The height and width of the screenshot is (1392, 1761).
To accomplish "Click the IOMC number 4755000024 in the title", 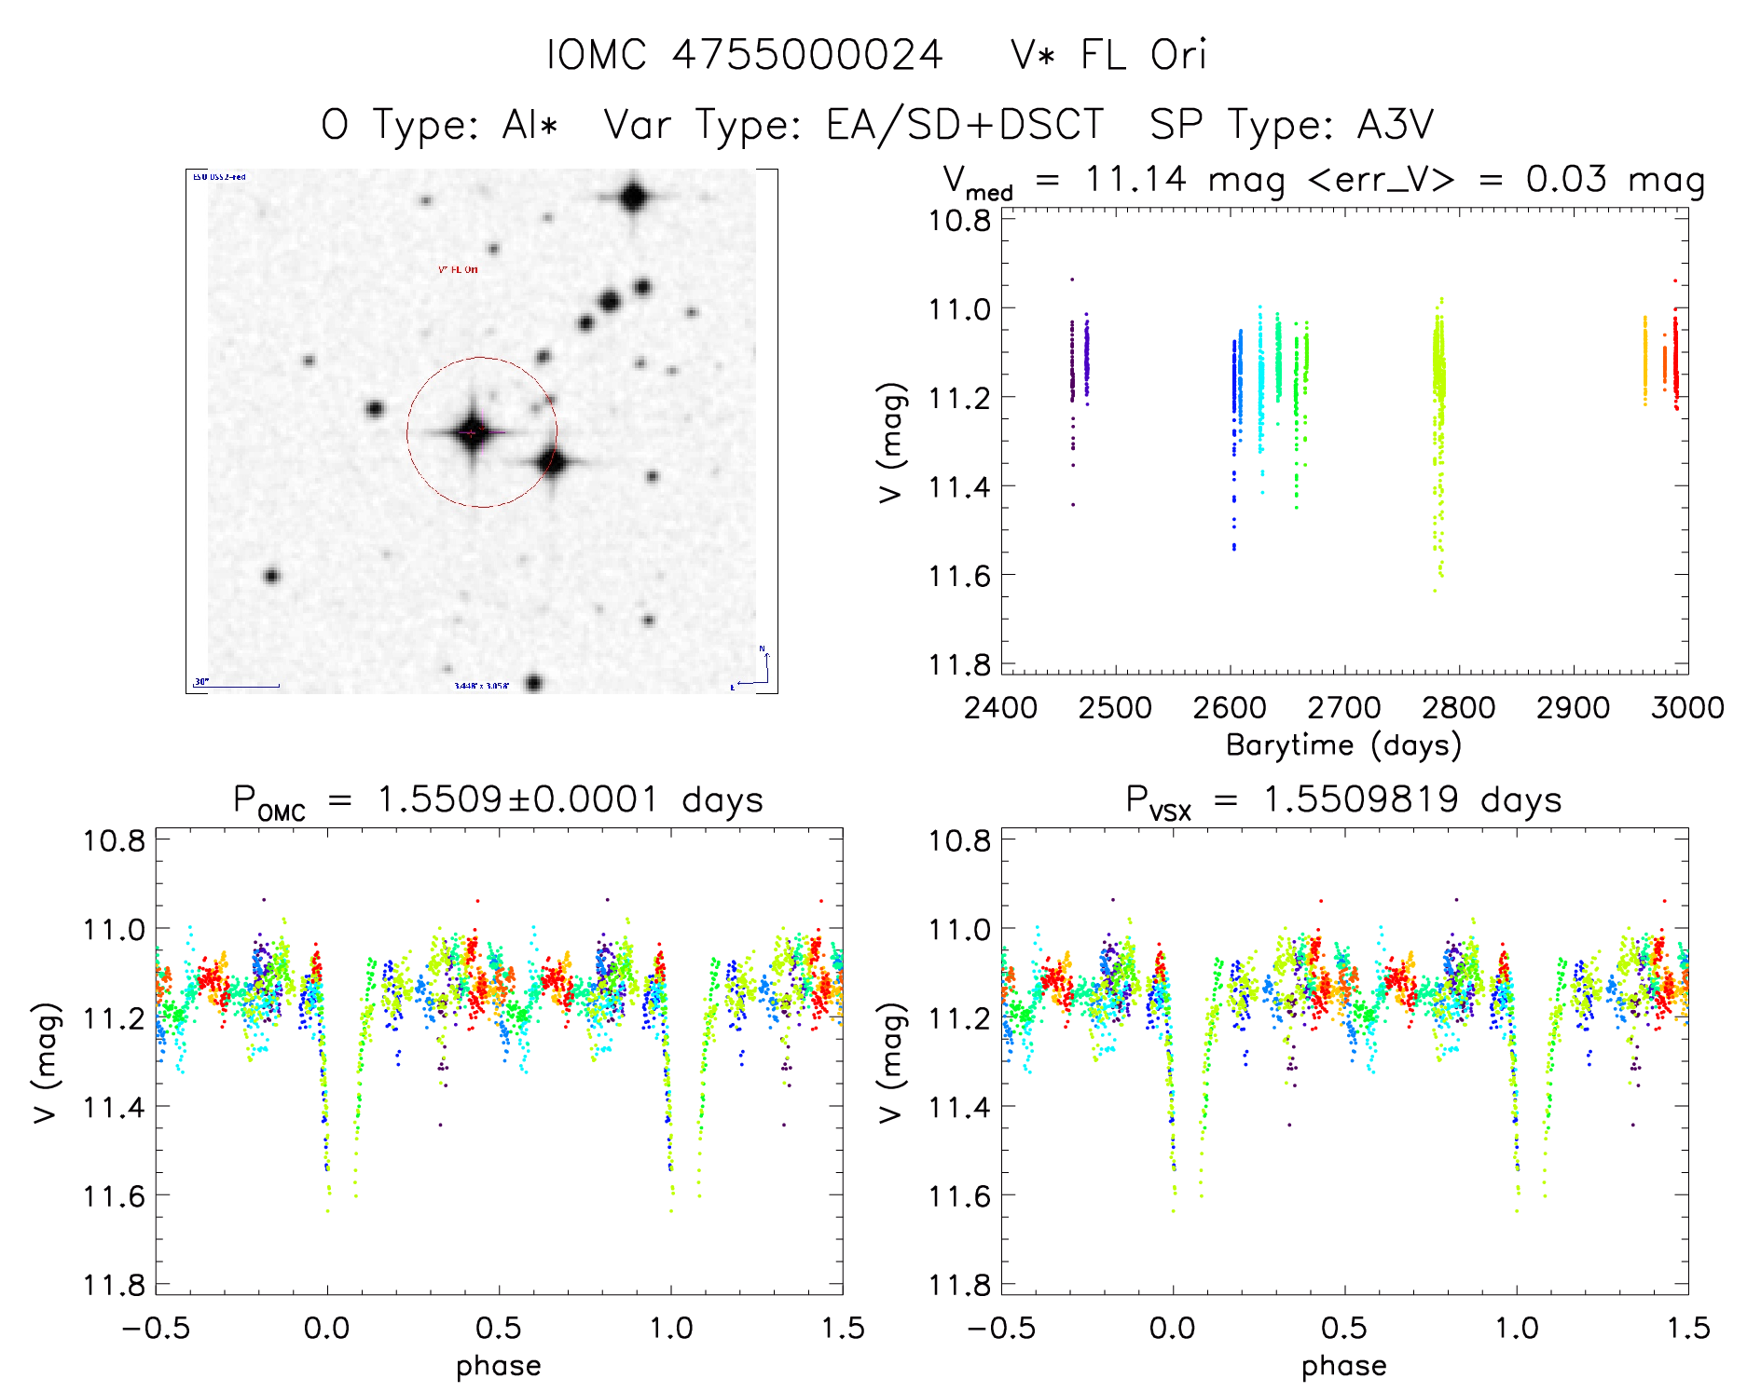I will (x=807, y=55).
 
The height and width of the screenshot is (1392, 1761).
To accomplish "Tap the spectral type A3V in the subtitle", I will (x=1395, y=125).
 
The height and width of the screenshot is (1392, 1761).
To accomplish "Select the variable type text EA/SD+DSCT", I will (x=965, y=125).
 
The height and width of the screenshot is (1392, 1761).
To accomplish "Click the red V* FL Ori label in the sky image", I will (x=458, y=269).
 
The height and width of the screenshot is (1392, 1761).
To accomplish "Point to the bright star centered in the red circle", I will (x=472, y=432).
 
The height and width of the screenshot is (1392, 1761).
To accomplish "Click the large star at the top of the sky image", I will (x=634, y=198).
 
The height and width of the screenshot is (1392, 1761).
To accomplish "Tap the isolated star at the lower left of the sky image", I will (x=271, y=576).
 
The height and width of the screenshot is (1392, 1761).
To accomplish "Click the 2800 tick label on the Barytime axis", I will (x=1458, y=708).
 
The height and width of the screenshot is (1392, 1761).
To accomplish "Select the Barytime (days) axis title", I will (x=1343, y=745).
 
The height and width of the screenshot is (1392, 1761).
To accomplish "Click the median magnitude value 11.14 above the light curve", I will (x=1135, y=179).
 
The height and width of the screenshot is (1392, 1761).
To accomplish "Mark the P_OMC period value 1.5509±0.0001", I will (x=518, y=799).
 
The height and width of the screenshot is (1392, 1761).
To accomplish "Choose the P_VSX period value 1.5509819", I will (x=1361, y=799).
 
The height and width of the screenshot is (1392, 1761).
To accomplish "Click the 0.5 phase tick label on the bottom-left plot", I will (x=499, y=1328).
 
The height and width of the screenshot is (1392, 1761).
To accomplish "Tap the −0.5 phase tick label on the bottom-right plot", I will (x=1000, y=1328).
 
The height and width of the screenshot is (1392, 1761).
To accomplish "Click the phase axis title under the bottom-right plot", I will (x=1343, y=1366).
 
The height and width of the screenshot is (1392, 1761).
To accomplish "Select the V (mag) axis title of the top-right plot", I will (x=891, y=442).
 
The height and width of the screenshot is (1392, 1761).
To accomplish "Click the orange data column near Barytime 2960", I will (x=1644, y=359).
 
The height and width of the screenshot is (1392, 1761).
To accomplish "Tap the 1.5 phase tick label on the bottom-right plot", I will (x=1687, y=1328).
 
